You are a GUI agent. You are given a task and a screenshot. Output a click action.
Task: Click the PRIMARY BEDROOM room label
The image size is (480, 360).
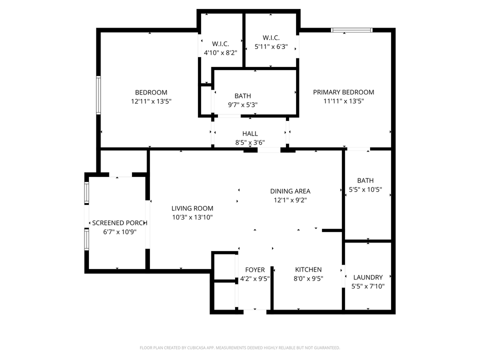pyautogui.click(x=343, y=92)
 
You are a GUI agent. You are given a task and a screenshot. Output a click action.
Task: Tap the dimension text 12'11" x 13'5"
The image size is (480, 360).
pyautogui.click(x=151, y=101)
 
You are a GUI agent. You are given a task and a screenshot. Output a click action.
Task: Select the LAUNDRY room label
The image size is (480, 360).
pyautogui.click(x=367, y=277)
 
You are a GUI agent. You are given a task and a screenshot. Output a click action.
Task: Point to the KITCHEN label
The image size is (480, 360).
pyautogui.click(x=307, y=269)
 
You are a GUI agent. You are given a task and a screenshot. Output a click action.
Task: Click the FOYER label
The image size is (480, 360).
pyautogui.click(x=255, y=270)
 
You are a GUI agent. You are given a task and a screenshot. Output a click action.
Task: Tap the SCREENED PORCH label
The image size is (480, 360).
pyautogui.click(x=119, y=223)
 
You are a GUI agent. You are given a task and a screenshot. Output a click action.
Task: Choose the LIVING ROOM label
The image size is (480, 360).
pyautogui.click(x=192, y=208)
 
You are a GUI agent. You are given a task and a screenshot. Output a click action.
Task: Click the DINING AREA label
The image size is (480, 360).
pyautogui.click(x=290, y=191)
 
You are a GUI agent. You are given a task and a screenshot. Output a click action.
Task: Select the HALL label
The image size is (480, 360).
pyautogui.click(x=250, y=133)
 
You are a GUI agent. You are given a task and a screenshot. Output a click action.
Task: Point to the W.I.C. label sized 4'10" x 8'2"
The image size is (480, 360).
pyautogui.click(x=220, y=43)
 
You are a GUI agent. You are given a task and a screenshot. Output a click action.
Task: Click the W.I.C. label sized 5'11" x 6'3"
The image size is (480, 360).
pyautogui.click(x=271, y=38)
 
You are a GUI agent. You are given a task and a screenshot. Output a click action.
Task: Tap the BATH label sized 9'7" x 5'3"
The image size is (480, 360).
pyautogui.click(x=243, y=96)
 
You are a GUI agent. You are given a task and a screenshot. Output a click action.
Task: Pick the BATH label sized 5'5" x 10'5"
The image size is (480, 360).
pyautogui.click(x=365, y=180)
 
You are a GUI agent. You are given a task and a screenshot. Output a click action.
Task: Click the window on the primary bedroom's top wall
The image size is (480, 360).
pyautogui.click(x=351, y=30)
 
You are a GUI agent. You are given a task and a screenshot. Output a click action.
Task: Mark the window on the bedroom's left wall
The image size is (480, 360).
pyautogui.click(x=98, y=94)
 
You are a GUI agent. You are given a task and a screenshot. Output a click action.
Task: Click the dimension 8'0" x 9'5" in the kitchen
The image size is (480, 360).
pyautogui.click(x=307, y=278)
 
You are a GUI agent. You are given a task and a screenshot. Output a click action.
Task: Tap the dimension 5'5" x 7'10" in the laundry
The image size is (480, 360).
pyautogui.click(x=367, y=286)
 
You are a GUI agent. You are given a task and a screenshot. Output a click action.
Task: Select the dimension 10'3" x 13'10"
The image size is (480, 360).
pyautogui.click(x=192, y=217)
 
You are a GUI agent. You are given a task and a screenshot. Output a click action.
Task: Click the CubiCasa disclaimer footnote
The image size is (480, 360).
pyautogui.click(x=240, y=347)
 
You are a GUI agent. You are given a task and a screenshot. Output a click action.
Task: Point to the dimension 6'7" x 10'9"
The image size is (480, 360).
pyautogui.click(x=119, y=232)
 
